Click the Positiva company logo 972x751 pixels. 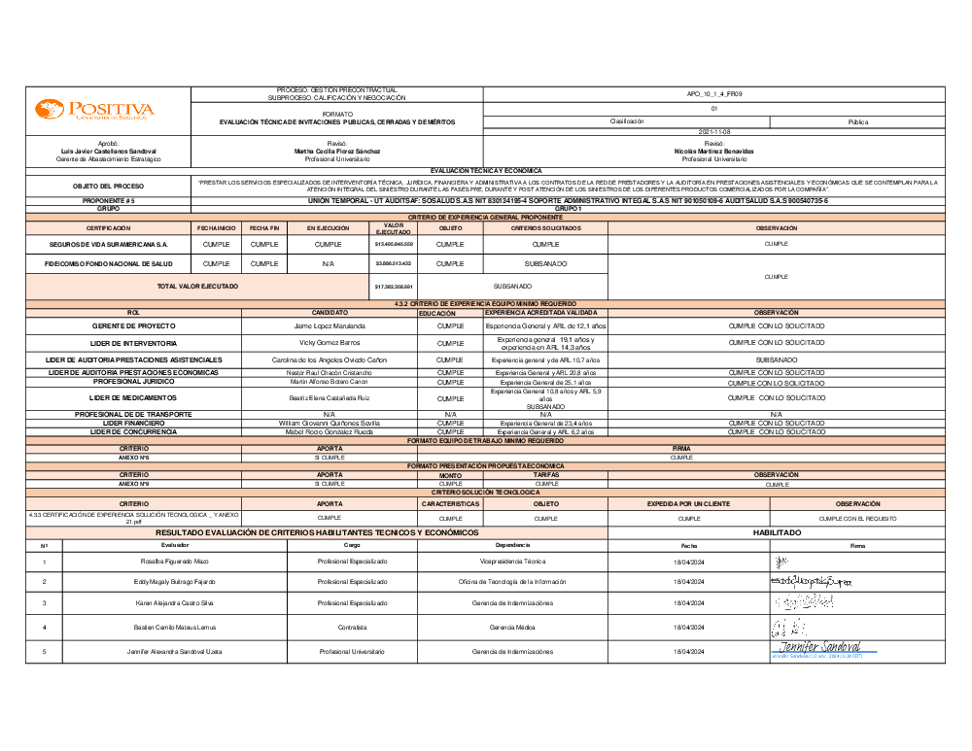click(94, 110)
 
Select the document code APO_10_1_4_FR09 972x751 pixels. click(713, 93)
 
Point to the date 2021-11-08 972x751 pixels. click(713, 131)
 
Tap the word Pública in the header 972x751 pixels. click(857, 121)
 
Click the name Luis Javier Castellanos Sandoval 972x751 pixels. click(108, 152)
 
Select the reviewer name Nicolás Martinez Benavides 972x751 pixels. click(713, 152)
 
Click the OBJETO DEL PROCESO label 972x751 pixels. click(108, 186)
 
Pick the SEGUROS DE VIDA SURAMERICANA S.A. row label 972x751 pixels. click(108, 245)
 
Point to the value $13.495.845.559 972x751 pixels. click(393, 245)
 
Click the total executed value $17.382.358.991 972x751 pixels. click(393, 287)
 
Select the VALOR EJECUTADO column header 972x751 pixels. click(393, 228)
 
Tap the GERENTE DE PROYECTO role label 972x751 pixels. click(133, 326)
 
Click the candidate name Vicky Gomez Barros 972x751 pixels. click(329, 343)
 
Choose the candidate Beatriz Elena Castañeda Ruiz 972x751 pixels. click(329, 398)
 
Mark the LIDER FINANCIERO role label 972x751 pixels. click(133, 424)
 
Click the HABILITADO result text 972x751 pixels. click(776, 533)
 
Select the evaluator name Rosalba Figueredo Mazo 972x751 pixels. click(175, 562)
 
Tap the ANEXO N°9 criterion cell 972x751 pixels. click(133, 483)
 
